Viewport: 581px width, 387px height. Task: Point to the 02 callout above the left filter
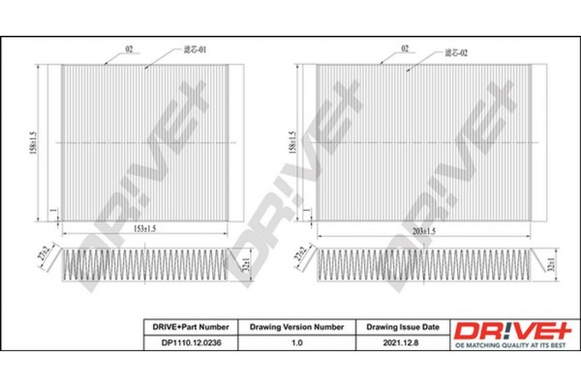point(127,46)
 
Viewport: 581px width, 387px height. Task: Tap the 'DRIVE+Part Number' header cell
point(185,328)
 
